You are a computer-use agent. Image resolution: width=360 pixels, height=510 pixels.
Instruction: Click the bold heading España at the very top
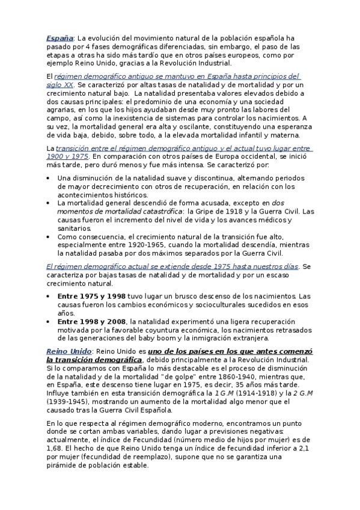[x=59, y=38]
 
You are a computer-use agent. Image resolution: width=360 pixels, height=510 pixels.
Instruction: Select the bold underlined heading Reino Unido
[x=69, y=351]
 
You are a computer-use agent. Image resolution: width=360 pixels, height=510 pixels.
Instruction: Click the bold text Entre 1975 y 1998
[x=91, y=296]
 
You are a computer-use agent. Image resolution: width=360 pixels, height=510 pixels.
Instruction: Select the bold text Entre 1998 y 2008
[x=91, y=322]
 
